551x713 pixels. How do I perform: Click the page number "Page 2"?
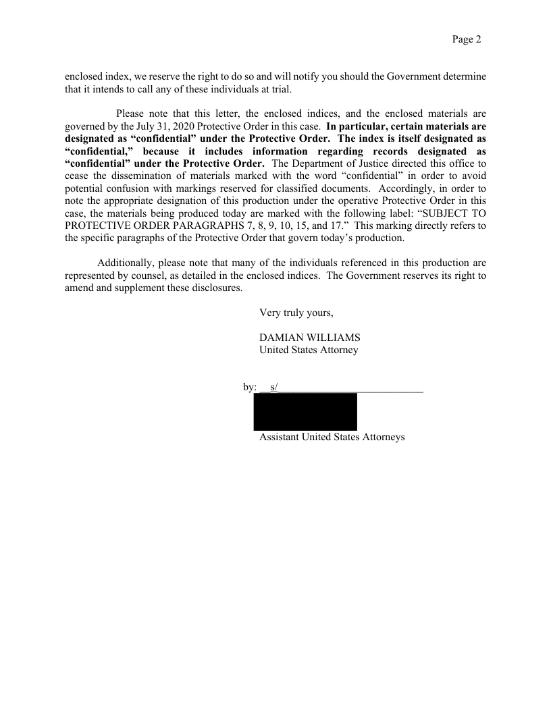(x=466, y=40)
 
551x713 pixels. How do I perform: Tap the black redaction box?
(x=305, y=411)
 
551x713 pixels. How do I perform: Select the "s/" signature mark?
(x=273, y=387)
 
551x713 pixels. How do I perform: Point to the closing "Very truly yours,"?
(x=296, y=313)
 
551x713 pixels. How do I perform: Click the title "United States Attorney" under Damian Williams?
(x=309, y=350)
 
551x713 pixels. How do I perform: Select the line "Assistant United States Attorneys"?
(x=332, y=437)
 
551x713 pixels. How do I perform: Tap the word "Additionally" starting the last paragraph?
(x=126, y=263)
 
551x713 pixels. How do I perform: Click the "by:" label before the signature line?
(x=250, y=387)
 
